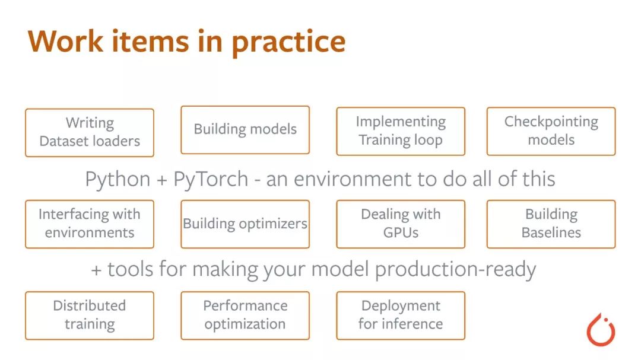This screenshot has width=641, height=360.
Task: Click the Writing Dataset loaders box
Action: point(90,133)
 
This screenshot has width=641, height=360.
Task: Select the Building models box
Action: point(245,130)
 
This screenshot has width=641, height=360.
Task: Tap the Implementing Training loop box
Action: point(401,131)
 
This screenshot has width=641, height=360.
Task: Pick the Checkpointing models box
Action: point(551,131)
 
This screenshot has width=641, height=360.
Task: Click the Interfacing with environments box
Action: point(90,224)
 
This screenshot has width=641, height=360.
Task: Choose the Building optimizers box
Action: point(245,224)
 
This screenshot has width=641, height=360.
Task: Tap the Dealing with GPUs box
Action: point(401,224)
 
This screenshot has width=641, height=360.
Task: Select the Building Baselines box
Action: point(551,224)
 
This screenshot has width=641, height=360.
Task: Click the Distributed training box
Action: point(90,316)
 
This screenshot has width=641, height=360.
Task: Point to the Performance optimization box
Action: point(245,316)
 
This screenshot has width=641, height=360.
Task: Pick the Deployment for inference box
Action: point(401,316)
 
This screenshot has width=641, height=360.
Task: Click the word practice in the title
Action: point(288,43)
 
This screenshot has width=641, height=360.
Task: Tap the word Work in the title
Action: point(65,41)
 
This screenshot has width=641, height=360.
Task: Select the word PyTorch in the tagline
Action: point(211,180)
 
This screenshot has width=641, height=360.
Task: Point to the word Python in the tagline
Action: point(118,180)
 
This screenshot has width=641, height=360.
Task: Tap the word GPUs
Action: point(401,232)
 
